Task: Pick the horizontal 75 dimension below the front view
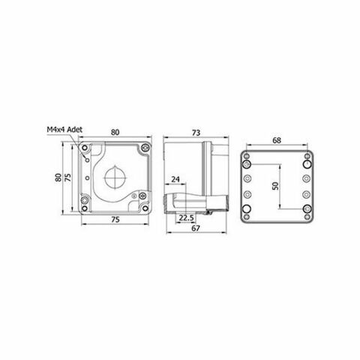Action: click(115, 220)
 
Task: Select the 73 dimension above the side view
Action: click(196, 133)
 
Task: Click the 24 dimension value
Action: click(175, 180)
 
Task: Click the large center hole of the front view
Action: click(115, 178)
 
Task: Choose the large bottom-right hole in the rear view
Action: click(306, 211)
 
